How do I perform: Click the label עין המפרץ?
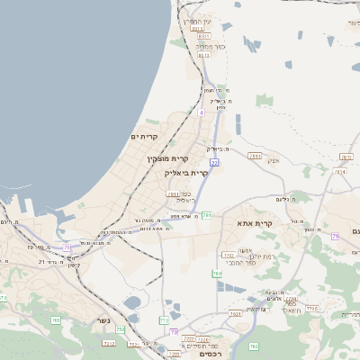pyautogui.click(x=193, y=21)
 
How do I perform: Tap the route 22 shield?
pyautogui.click(x=214, y=163)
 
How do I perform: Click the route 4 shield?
pyautogui.click(x=202, y=113)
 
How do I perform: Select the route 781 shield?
pyautogui.click(x=206, y=215)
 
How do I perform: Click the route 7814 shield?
pyautogui.click(x=255, y=156)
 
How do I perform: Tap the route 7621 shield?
pyautogui.click(x=235, y=314)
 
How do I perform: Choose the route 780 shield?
pyautogui.click(x=217, y=273)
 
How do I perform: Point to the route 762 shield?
pyautogui.click(x=254, y=346)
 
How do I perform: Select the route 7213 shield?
pyautogui.click(x=109, y=343)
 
